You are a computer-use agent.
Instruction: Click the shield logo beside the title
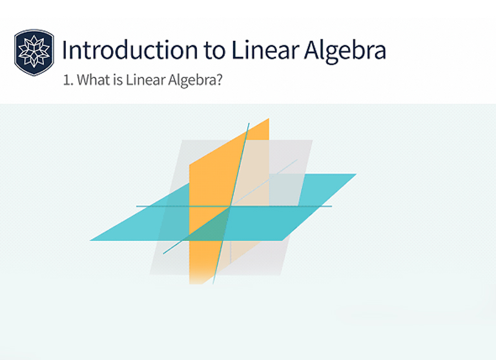pos(34,52)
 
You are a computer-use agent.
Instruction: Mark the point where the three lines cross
pos(231,207)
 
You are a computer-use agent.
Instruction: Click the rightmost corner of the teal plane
pos(356,174)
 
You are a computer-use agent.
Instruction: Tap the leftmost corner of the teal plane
pos(90,240)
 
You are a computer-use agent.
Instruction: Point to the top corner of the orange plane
pos(269,118)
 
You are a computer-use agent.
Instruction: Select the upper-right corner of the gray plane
pos(313,140)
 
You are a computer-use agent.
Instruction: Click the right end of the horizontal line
pos(331,206)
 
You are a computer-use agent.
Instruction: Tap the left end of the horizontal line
pos(136,206)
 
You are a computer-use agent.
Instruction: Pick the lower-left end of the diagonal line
pos(163,253)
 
